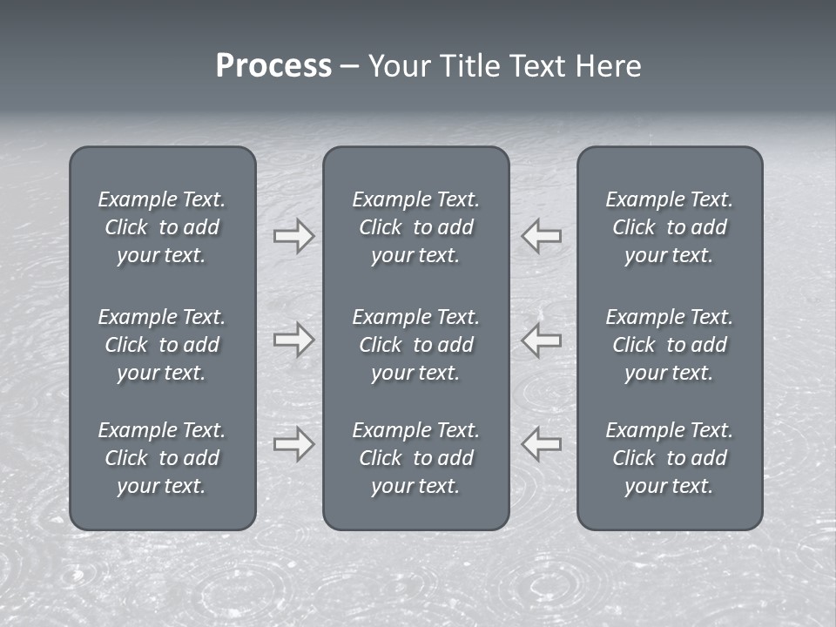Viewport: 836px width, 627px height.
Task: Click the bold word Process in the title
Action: pyautogui.click(x=273, y=66)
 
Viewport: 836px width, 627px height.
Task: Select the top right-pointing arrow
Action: pyautogui.click(x=293, y=236)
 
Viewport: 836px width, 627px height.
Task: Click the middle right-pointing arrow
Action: pyautogui.click(x=293, y=340)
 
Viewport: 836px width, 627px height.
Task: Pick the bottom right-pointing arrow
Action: pyautogui.click(x=293, y=444)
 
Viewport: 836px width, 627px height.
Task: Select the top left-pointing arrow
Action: pyautogui.click(x=541, y=236)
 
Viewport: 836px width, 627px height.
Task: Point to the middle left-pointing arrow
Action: pyautogui.click(x=541, y=340)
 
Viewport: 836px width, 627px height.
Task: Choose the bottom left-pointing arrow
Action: pyautogui.click(x=541, y=444)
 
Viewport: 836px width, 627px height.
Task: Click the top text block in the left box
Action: pyautogui.click(x=162, y=227)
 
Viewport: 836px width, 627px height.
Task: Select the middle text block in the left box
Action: pyautogui.click(x=162, y=345)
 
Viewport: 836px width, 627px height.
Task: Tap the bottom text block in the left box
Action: pyautogui.click(x=162, y=458)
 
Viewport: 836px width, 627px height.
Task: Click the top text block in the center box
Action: pyautogui.click(x=415, y=227)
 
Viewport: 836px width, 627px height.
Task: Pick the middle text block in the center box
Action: pyautogui.click(x=415, y=345)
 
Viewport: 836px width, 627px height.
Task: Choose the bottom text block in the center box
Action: pyautogui.click(x=415, y=458)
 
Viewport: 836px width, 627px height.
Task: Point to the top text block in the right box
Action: pyautogui.click(x=669, y=227)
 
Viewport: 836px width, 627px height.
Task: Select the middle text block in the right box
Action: pyautogui.click(x=669, y=345)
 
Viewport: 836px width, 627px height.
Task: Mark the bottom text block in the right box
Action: pyautogui.click(x=669, y=458)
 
